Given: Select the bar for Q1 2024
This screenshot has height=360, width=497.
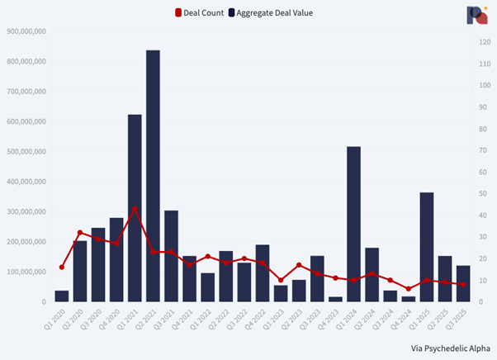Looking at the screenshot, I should click(x=353, y=224).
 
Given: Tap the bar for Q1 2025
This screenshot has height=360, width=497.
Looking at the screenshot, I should click(x=427, y=247).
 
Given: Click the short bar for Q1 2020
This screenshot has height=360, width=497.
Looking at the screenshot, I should click(x=62, y=296).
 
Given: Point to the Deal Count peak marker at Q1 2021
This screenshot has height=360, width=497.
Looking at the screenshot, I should click(x=135, y=209).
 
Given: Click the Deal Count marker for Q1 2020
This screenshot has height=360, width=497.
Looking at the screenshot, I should click(x=62, y=267).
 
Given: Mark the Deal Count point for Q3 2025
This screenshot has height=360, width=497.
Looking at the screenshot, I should click(x=463, y=285).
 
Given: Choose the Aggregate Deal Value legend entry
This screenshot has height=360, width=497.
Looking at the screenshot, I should click(x=272, y=12).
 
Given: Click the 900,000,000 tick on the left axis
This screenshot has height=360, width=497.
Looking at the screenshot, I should click(x=26, y=31).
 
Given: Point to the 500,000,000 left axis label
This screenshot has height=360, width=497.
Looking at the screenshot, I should click(x=26, y=152).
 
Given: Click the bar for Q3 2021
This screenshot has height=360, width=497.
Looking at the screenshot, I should click(x=171, y=256).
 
